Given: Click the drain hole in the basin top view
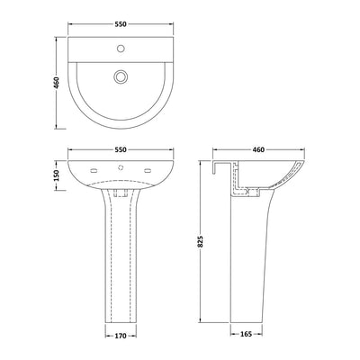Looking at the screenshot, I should click(118, 78).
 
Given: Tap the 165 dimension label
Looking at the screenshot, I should click(245, 341).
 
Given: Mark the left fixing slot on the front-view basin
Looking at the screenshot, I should click(94, 169).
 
